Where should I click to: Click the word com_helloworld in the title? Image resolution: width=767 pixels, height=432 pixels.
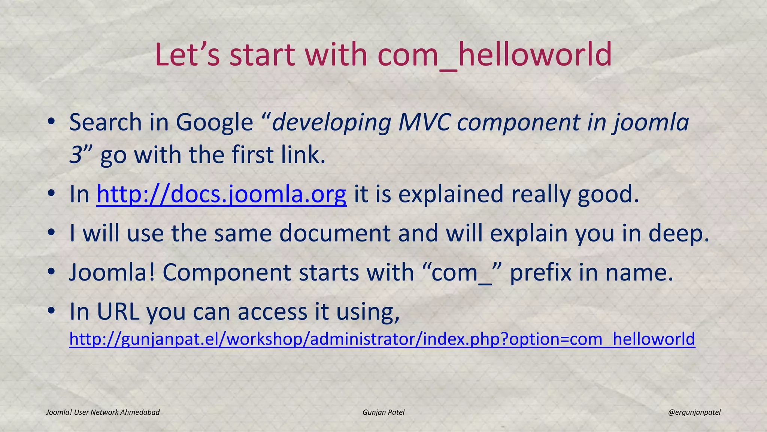tap(494, 55)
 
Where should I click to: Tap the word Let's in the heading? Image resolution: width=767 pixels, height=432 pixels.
tap(187, 55)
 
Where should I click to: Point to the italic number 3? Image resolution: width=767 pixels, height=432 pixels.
tap(76, 155)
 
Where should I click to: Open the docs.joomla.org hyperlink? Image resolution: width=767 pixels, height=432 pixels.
tap(221, 194)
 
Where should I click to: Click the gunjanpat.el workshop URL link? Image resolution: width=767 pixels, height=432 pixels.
tap(382, 339)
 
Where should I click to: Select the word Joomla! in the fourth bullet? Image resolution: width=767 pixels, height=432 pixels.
tap(112, 272)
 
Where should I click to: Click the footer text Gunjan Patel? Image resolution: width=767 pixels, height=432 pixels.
tap(383, 412)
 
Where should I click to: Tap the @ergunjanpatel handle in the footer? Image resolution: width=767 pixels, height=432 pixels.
tap(694, 412)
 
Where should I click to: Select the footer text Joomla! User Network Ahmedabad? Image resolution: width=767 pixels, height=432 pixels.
tap(103, 412)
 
